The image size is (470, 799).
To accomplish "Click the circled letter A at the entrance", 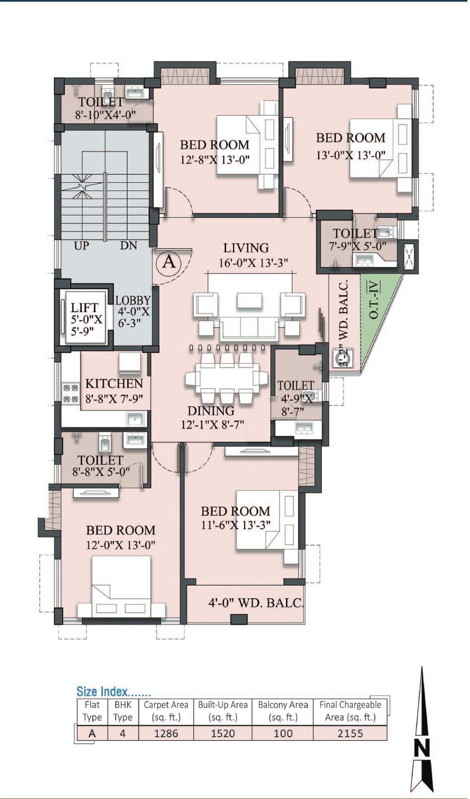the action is [x=169, y=262].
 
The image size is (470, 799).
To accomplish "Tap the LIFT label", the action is [x=84, y=308].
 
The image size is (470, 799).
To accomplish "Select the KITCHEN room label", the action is [x=114, y=384].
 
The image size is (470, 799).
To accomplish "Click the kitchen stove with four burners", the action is [x=71, y=393].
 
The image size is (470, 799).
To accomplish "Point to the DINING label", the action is [x=211, y=411].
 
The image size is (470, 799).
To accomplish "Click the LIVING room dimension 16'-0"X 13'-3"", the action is [x=254, y=263].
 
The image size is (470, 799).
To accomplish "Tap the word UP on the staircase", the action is [x=81, y=246].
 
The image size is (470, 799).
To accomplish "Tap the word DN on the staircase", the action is [x=129, y=245].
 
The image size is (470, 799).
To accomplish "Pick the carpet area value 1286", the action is [x=166, y=734].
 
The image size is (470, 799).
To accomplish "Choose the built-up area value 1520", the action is [x=223, y=734].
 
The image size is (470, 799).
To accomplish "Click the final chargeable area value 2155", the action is [x=350, y=734].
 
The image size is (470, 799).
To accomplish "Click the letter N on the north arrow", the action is [x=422, y=747].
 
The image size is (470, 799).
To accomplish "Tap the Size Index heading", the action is [x=114, y=692].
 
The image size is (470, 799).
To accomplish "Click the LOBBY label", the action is [x=133, y=300].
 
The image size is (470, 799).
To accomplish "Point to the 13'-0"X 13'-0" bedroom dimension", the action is [x=351, y=155].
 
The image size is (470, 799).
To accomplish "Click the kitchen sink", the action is [x=135, y=419].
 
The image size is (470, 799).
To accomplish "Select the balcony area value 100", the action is [x=283, y=734].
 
